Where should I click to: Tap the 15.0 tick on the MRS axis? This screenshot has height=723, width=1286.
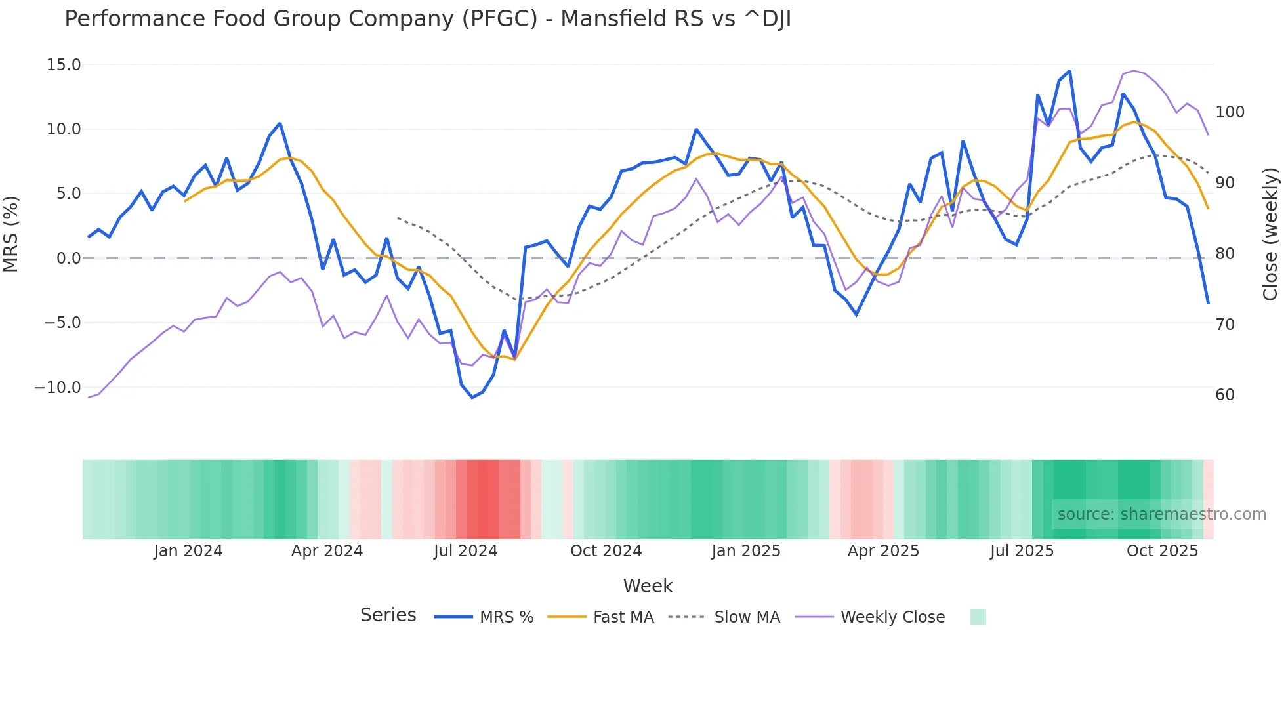[x=64, y=65]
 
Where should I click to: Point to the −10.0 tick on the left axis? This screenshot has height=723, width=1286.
[x=58, y=388]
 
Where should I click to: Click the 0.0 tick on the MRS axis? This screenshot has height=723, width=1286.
[x=68, y=258]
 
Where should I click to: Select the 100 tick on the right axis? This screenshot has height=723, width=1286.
[x=1230, y=112]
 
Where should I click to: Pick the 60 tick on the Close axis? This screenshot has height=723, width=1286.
[x=1225, y=395]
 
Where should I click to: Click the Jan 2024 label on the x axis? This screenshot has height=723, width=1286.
[x=188, y=551]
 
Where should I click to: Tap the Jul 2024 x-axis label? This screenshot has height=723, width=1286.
[x=466, y=551]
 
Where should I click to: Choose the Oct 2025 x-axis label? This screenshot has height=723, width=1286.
[x=1162, y=551]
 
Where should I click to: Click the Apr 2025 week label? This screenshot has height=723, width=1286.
[x=883, y=551]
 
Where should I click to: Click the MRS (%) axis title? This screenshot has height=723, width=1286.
[x=11, y=234]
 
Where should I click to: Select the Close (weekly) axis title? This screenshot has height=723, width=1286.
[x=1270, y=234]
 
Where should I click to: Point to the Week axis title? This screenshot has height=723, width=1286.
[x=648, y=586]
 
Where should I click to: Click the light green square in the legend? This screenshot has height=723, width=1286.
[x=978, y=617]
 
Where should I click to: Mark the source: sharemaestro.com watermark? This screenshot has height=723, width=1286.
[x=1161, y=514]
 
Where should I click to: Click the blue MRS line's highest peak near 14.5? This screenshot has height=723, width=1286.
[x=1069, y=71]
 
